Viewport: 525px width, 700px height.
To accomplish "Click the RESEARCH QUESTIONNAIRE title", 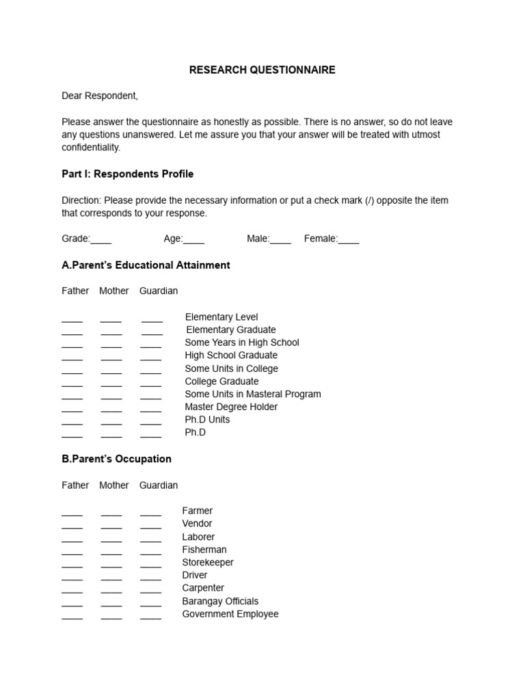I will [x=262, y=70].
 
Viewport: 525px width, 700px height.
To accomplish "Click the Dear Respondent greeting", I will [x=100, y=96].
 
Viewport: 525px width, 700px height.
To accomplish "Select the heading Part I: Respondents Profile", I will [x=127, y=174].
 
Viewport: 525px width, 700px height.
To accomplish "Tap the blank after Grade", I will [x=101, y=240].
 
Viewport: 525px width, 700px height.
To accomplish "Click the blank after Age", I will [x=193, y=240].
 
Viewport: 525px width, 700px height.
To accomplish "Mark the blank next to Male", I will [x=280, y=240].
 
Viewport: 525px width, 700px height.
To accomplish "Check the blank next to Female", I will [x=348, y=240].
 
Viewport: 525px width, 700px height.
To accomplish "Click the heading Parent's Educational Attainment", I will [x=146, y=265].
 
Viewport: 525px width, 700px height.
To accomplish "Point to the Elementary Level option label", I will [x=221, y=317].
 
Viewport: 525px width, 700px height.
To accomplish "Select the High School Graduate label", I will [x=231, y=355].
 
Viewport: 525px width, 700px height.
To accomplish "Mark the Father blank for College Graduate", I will [x=72, y=383].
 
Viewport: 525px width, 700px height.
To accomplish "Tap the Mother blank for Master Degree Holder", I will [x=111, y=409].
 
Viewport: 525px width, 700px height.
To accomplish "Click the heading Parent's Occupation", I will [x=116, y=459].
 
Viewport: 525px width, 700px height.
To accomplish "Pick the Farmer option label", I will [x=197, y=511].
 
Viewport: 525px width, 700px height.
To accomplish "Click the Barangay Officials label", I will [x=220, y=602].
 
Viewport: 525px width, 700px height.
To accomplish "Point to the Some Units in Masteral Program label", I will [x=252, y=394].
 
